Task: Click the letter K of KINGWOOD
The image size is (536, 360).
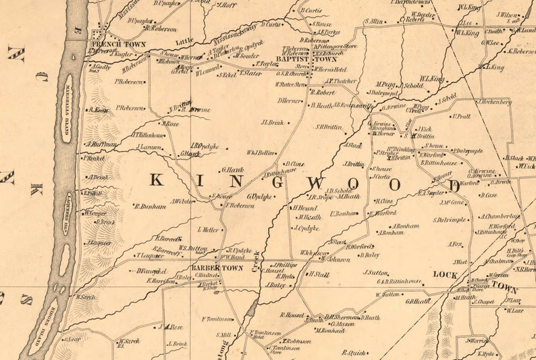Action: tap(155, 180)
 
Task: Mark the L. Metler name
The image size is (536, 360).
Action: tap(209, 229)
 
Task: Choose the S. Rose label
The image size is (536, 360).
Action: tap(170, 124)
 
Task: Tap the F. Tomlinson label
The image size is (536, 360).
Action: tap(217, 319)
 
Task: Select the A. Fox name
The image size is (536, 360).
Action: tap(455, 244)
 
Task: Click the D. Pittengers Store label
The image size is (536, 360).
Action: tap(338, 46)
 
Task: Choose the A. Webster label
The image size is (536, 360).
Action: tap(182, 201)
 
